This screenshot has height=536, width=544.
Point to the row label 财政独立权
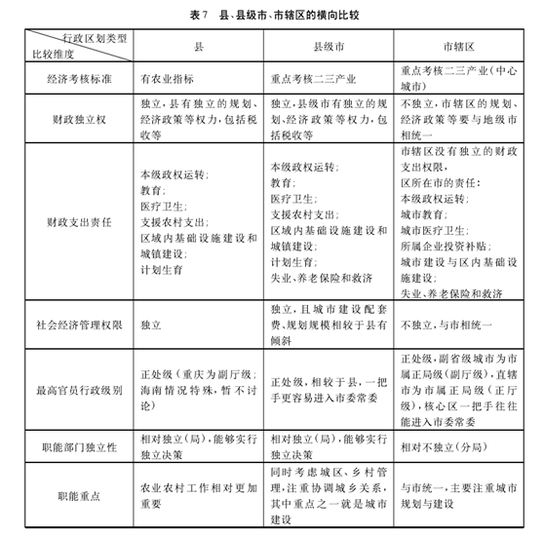tap(70, 121)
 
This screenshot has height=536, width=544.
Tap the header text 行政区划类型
tap(97, 38)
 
